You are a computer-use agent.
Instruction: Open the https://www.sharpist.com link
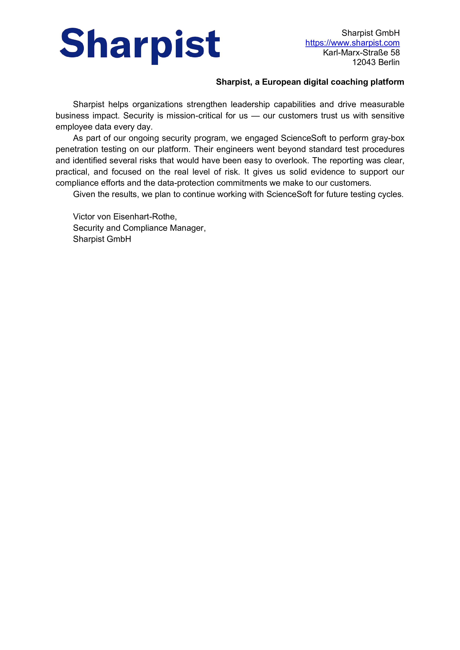[x=352, y=43]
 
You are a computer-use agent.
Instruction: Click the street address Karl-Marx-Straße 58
[x=361, y=53]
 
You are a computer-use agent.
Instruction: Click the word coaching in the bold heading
[x=349, y=82]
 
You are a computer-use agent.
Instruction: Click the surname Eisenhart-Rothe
[x=145, y=217]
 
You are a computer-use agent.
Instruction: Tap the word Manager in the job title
[x=187, y=228]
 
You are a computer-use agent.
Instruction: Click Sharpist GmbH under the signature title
[x=102, y=239]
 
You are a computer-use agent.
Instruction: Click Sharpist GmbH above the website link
[x=370, y=33]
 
